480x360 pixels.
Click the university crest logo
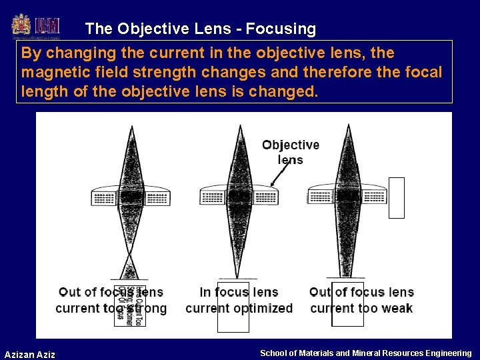[21, 26]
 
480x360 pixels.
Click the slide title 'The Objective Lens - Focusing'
[201, 29]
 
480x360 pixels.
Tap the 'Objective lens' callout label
[291, 152]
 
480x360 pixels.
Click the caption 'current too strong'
[111, 308]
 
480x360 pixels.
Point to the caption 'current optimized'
[239, 308]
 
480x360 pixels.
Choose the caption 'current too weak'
[361, 308]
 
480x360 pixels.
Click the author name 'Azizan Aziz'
[30, 354]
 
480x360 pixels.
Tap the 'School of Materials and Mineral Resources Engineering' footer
[365, 353]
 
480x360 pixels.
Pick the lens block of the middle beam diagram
[239, 195]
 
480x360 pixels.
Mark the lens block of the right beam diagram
[347, 196]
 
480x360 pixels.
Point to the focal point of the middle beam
[239, 276]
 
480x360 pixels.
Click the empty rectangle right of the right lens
[397, 198]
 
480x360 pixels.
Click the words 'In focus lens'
[239, 292]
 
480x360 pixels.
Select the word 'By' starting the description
[31, 53]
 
